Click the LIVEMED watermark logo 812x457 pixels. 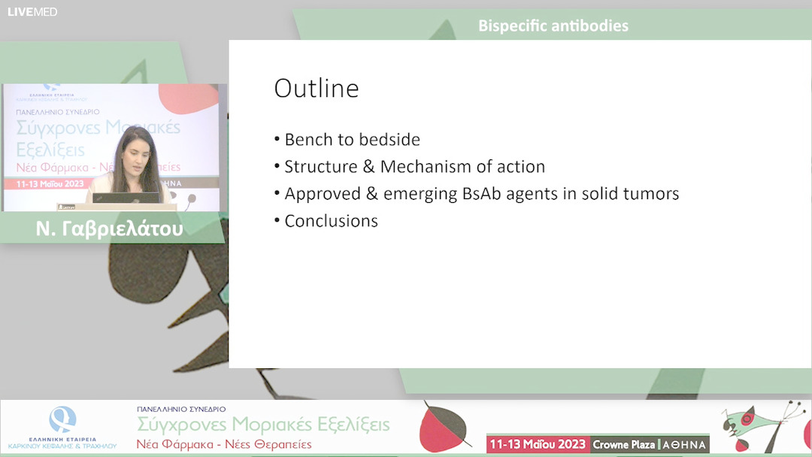(32, 12)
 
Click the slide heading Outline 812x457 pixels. (316, 89)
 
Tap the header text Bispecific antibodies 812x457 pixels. (553, 26)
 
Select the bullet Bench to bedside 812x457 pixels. (352, 140)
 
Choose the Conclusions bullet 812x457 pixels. (331, 221)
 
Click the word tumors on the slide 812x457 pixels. (650, 194)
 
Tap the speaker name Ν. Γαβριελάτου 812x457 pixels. (109, 229)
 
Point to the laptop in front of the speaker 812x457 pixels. (126, 198)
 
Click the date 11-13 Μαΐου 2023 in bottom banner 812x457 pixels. (538, 444)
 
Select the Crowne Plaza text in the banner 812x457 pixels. (623, 444)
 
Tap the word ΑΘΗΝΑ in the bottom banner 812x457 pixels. (683, 444)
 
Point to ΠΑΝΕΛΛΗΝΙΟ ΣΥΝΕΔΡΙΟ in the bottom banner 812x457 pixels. (180, 409)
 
